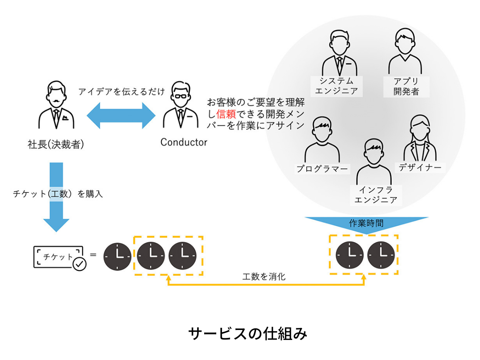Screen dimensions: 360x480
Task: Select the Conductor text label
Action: tap(184, 142)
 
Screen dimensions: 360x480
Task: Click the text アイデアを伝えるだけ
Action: tap(122, 91)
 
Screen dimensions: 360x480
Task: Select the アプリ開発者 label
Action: tap(406, 86)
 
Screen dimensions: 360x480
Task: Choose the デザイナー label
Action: tap(420, 167)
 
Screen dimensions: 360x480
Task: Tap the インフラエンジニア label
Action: tap(375, 194)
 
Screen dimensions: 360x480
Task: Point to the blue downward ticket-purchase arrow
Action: tap(56, 196)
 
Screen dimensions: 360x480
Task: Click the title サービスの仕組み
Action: tap(247, 333)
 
